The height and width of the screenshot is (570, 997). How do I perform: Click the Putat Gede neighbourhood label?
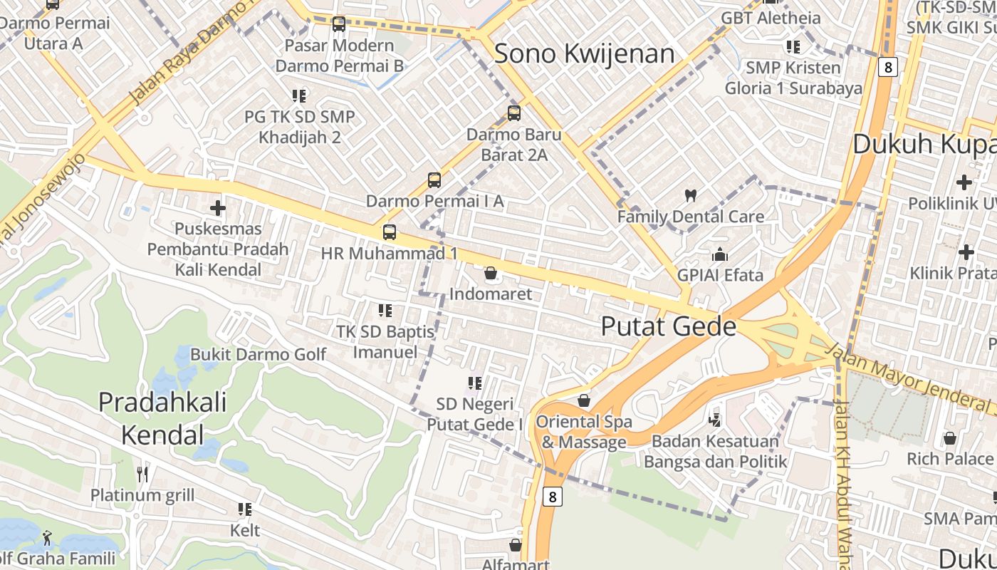pyautogui.click(x=668, y=326)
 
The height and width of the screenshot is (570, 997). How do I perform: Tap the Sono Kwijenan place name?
pyautogui.click(x=584, y=53)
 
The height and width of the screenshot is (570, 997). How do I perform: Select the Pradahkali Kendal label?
pyautogui.click(x=162, y=418)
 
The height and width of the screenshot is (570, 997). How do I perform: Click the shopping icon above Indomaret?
pyautogui.click(x=491, y=273)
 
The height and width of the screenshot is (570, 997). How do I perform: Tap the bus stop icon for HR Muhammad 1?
pyautogui.click(x=389, y=232)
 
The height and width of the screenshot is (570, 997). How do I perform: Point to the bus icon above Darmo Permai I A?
pyautogui.click(x=434, y=180)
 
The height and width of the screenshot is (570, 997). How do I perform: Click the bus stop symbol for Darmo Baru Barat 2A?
pyautogui.click(x=514, y=113)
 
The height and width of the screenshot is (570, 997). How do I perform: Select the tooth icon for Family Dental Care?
pyautogui.click(x=690, y=195)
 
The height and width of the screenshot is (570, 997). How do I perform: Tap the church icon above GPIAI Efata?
pyautogui.click(x=720, y=254)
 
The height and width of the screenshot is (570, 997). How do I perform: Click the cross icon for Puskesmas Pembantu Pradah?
pyautogui.click(x=218, y=208)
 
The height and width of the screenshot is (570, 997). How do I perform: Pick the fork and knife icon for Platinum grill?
pyautogui.click(x=142, y=474)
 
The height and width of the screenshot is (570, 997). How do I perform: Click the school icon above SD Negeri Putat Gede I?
pyautogui.click(x=475, y=383)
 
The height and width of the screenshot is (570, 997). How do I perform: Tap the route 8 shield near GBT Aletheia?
pyautogui.click(x=887, y=67)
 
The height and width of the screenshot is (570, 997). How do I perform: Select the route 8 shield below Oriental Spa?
pyautogui.click(x=552, y=496)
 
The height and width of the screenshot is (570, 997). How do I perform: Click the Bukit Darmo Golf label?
pyautogui.click(x=258, y=354)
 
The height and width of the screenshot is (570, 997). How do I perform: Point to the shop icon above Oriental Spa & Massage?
pyautogui.click(x=584, y=400)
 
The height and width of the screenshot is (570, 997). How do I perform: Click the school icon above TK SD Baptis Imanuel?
pyautogui.click(x=385, y=310)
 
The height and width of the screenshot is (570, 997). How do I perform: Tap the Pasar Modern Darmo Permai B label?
pyautogui.click(x=339, y=56)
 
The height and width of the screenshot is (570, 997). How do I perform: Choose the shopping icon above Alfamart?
pyautogui.click(x=516, y=545)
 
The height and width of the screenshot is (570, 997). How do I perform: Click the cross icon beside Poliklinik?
pyautogui.click(x=964, y=182)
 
